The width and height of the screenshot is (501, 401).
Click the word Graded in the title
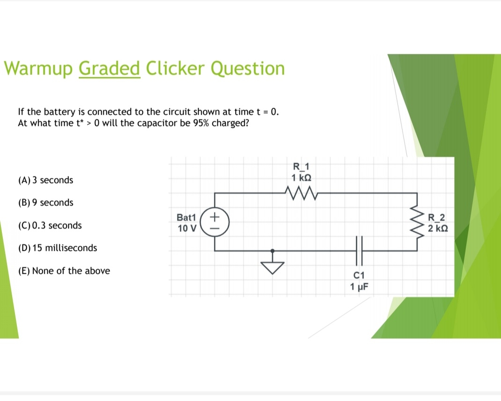coord(110,68)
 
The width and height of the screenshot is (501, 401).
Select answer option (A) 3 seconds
coord(45,180)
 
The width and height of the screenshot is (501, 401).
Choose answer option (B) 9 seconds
coord(45,203)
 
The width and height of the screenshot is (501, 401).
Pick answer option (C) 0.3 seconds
coord(49,226)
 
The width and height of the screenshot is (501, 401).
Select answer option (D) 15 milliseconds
coord(57,248)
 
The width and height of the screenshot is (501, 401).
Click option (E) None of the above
coord(64,271)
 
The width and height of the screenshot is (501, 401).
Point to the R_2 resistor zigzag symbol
coord(416,222)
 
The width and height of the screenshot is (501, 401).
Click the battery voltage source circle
coord(214,222)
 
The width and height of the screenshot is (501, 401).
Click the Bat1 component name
coord(187,218)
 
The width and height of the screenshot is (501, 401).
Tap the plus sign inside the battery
coord(214,217)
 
